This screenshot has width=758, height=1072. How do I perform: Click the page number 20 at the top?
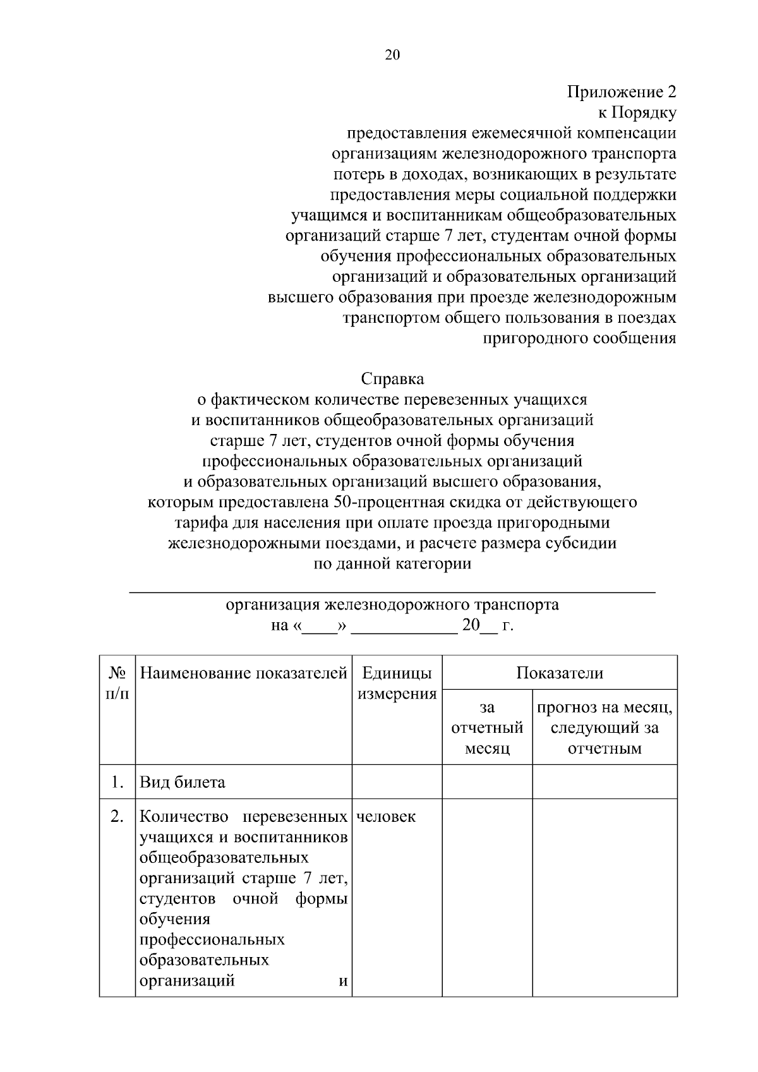click(x=392, y=55)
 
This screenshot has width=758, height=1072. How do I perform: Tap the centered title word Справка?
click(x=392, y=379)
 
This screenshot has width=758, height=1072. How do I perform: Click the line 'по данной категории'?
click(x=392, y=564)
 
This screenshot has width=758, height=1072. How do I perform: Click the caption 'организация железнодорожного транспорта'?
click(x=392, y=605)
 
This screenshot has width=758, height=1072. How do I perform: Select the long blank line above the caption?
click(x=392, y=592)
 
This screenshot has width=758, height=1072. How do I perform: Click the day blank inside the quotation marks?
click(x=320, y=627)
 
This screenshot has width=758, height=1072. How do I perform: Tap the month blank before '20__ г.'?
click(x=403, y=627)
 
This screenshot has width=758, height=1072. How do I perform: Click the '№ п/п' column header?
click(x=117, y=684)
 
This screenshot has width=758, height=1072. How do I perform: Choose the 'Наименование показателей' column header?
click(x=244, y=673)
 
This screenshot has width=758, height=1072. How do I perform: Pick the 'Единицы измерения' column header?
click(x=397, y=684)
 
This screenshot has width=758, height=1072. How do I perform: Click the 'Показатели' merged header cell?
click(x=559, y=673)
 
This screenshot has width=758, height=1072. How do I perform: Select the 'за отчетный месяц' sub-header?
click(x=487, y=728)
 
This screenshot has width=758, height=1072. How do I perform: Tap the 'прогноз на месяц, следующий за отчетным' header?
click(x=605, y=728)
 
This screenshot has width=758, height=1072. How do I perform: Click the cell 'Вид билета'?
click(x=183, y=783)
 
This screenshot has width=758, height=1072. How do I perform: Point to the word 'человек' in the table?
click(x=386, y=817)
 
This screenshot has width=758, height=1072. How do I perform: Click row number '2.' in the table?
click(x=117, y=817)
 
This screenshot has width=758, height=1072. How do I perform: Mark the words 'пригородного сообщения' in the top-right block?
click(x=579, y=338)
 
